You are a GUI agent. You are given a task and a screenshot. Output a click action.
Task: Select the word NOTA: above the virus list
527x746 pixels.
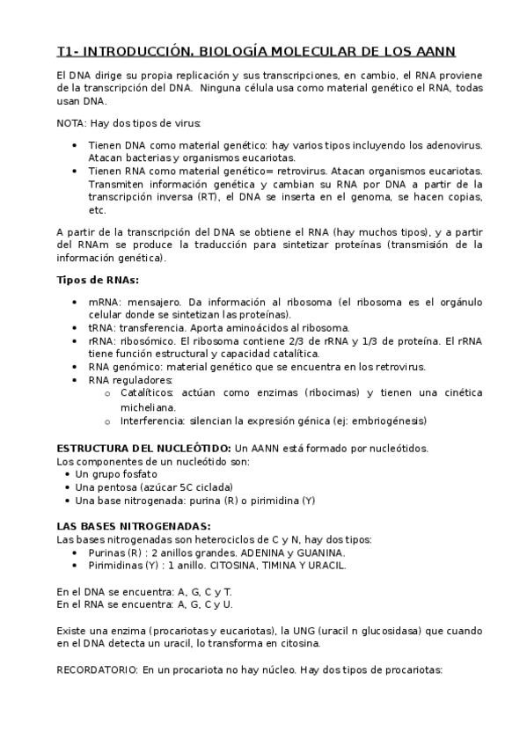pyautogui.click(x=72, y=123)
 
